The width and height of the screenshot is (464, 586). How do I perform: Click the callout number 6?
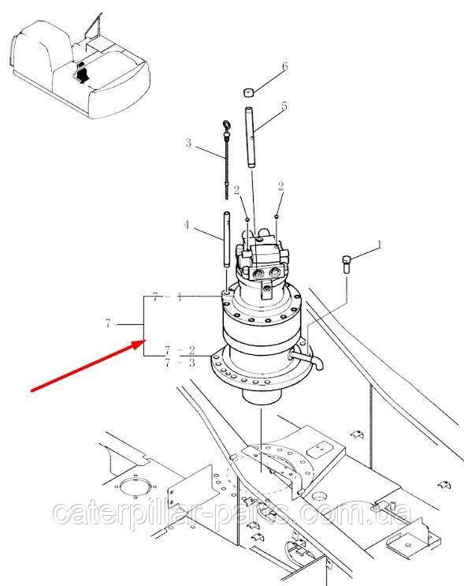(285, 66)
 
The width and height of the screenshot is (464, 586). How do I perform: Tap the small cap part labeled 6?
(249, 92)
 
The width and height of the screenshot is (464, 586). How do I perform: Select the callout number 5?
(284, 106)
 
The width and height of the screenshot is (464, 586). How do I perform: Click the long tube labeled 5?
(251, 137)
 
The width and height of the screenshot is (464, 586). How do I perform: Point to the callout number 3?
(188, 143)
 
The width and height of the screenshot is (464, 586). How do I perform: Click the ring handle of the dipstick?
(227, 125)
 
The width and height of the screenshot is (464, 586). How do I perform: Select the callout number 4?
(186, 225)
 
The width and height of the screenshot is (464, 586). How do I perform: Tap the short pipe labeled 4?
(227, 240)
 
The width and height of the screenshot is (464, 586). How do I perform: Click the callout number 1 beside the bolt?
(379, 244)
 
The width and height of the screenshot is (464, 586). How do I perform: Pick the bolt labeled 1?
(347, 264)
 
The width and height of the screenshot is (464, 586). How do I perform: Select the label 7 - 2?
(180, 350)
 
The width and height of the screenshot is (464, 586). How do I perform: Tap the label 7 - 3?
(180, 363)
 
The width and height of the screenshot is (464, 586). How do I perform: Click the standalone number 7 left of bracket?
(108, 323)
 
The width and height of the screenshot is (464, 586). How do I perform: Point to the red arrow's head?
(141, 343)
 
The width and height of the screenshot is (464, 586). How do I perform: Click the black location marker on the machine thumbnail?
(81, 73)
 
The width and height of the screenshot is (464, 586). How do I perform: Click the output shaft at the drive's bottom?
(261, 396)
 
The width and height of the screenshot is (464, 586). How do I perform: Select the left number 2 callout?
(236, 191)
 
